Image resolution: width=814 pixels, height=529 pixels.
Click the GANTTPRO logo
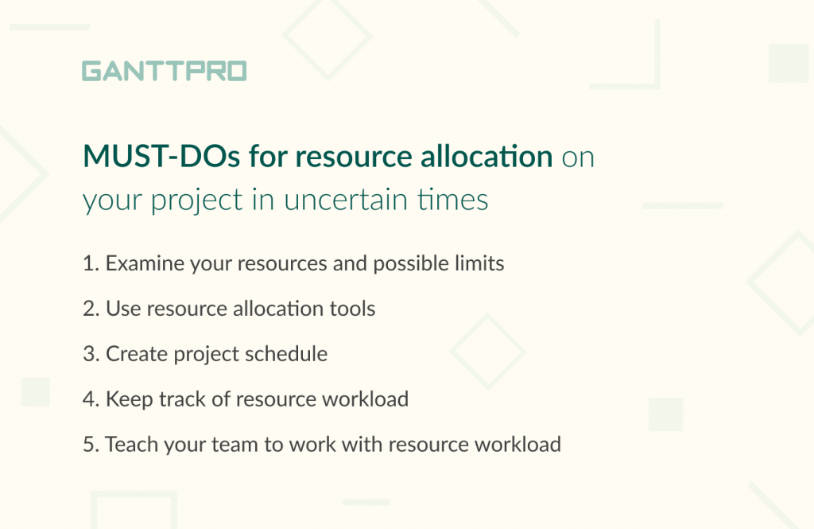(164, 71)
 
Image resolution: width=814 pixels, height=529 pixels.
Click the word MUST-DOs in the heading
(161, 156)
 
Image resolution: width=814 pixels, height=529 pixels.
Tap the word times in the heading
(452, 200)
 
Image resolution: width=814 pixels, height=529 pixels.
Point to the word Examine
(145, 263)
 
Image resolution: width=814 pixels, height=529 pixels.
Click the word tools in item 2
(352, 309)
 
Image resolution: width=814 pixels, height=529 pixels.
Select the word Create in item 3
(137, 354)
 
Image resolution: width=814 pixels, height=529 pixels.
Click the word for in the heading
(268, 156)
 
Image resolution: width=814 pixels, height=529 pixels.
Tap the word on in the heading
(578, 158)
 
